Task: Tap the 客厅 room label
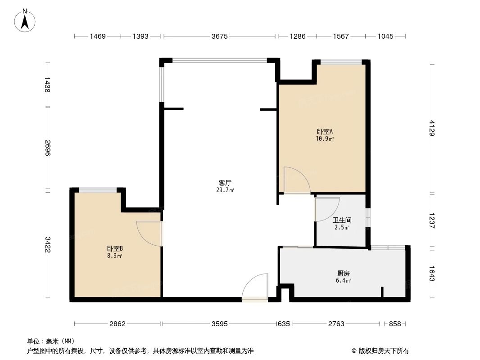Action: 225,183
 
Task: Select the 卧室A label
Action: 325,132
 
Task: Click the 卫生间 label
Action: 342,220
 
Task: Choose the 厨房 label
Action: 343,273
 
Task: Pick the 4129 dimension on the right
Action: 432,128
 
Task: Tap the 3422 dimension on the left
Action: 48,244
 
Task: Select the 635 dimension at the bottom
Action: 284,324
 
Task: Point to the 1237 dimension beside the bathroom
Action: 432,220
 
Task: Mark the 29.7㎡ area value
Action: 225,190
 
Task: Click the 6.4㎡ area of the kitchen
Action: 343,280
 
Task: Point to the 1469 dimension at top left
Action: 97,36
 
